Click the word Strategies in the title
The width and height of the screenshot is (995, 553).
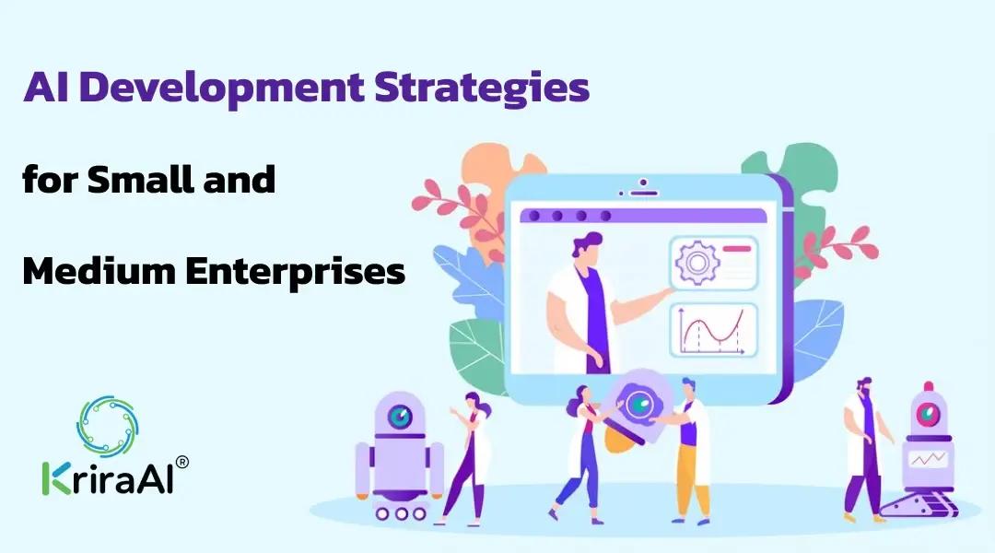coord(482,88)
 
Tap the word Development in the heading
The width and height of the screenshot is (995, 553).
coord(221,88)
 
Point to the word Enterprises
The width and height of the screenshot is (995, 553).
coord(296,272)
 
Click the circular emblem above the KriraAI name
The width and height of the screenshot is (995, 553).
coord(107,426)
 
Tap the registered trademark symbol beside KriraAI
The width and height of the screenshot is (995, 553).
coord(181,462)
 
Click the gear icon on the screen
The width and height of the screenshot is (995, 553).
coord(696,262)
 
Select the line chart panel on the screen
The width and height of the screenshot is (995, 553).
coord(714,330)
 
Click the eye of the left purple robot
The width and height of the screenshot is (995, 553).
coord(400,417)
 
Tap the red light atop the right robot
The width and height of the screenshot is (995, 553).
coord(929,386)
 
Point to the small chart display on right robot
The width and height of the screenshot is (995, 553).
coord(928,458)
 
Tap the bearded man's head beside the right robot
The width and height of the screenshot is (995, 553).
coord(864,386)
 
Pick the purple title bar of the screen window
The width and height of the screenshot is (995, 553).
coord(643,216)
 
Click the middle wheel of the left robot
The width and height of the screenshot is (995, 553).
coord(401,513)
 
